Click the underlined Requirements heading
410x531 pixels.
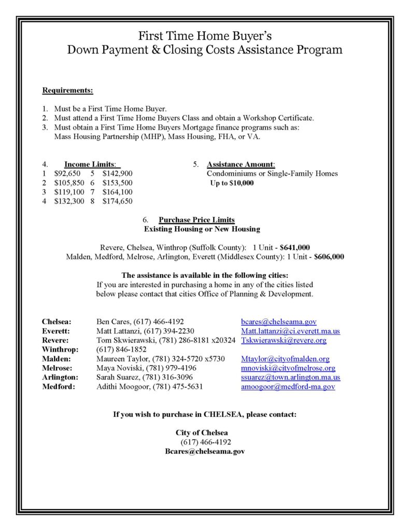(67, 90)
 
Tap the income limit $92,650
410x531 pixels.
(67, 174)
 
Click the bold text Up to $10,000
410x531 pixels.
(232, 183)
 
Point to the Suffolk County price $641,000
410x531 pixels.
(294, 247)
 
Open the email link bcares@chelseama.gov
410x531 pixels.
(278, 322)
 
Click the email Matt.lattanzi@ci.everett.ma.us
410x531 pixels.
(290, 331)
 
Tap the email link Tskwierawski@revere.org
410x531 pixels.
(284, 340)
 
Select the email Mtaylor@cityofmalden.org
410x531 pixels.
(285, 359)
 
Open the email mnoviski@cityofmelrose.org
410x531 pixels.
(288, 368)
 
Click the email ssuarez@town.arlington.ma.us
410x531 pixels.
(290, 378)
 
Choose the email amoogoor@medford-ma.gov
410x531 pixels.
(288, 387)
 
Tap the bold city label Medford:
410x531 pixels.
(58, 387)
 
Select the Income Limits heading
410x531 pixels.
(89, 164)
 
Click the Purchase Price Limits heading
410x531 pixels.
(196, 219)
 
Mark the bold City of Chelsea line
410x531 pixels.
(202, 432)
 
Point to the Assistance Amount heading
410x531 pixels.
(241, 164)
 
